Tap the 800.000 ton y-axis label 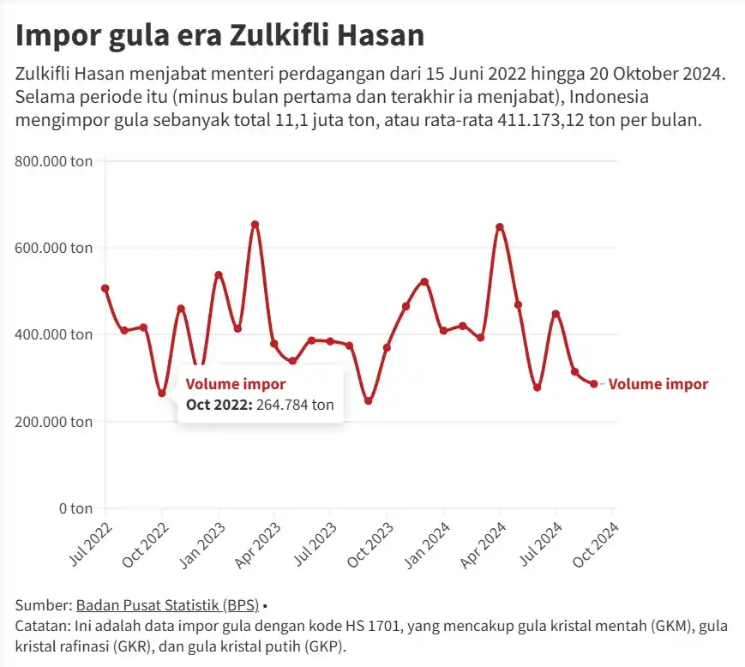click(53, 160)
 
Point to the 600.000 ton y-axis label click(53, 248)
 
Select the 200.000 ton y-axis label click(53, 421)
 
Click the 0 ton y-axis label click(75, 508)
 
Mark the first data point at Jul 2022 click(105, 288)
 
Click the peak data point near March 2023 click(255, 225)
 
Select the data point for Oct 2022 click(162, 393)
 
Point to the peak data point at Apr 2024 click(500, 227)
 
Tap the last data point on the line click(593, 384)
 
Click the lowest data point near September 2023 click(369, 400)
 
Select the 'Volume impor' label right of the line click(658, 384)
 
